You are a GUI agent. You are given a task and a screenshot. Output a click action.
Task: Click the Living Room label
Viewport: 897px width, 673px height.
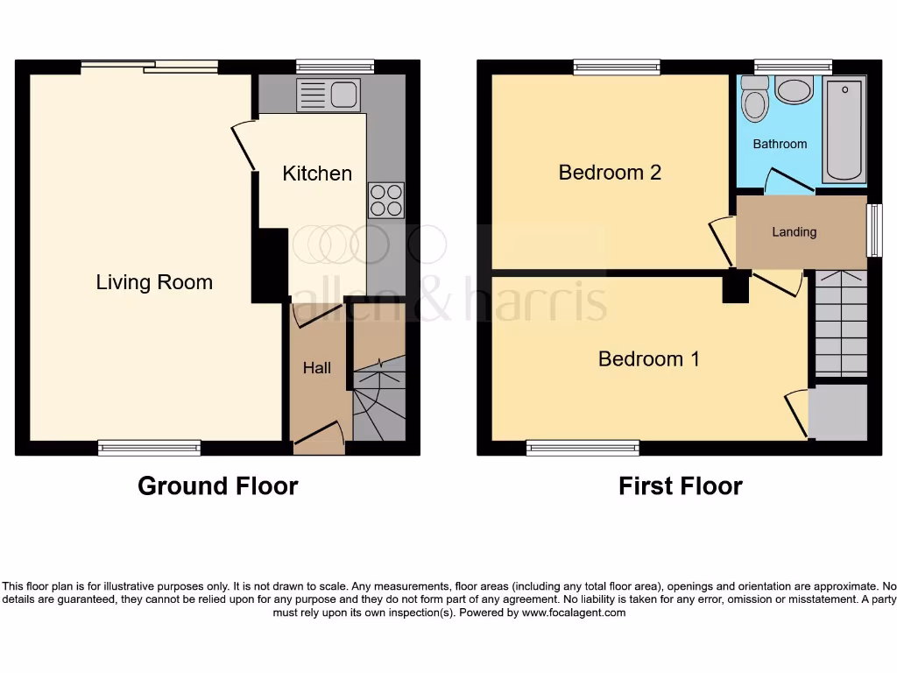click(154, 282)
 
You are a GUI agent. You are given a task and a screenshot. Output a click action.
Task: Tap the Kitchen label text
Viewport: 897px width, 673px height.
click(317, 174)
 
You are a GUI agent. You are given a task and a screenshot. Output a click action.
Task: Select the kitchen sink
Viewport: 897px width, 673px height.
click(328, 93)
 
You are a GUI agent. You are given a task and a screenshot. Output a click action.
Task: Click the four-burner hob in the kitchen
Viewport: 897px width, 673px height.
click(386, 200)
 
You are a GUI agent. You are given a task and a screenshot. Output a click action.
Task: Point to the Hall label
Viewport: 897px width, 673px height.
click(317, 368)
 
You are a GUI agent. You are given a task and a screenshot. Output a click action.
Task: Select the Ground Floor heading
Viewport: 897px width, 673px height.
click(217, 486)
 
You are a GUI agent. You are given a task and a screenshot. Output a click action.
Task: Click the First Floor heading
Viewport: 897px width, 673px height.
click(680, 486)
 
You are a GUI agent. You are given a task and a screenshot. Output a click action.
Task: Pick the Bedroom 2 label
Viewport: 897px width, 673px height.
click(610, 173)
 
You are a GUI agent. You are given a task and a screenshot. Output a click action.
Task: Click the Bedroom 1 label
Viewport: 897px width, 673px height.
click(648, 358)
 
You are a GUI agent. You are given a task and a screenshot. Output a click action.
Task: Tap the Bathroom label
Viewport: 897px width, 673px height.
click(780, 144)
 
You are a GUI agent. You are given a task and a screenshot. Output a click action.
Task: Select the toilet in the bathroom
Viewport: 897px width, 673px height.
click(753, 99)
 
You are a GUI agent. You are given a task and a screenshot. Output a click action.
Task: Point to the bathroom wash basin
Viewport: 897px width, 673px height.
click(795, 91)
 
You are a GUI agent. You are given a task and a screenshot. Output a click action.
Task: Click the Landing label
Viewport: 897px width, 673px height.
click(794, 232)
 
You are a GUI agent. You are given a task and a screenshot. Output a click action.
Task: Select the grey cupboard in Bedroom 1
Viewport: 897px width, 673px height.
click(837, 412)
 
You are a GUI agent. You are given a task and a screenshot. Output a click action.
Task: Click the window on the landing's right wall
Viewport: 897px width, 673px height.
click(873, 230)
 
